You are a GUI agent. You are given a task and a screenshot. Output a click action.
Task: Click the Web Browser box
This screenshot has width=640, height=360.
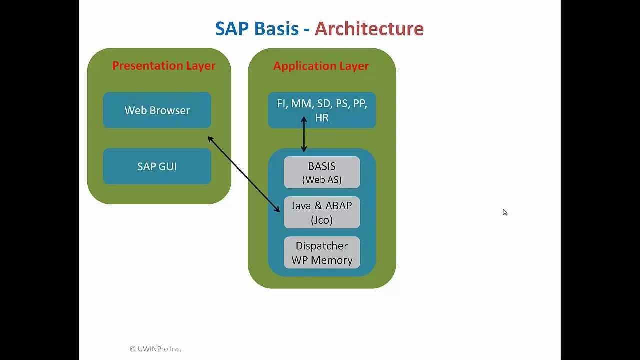click(157, 110)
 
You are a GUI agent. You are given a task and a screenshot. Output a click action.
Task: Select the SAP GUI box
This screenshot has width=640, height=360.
click(157, 166)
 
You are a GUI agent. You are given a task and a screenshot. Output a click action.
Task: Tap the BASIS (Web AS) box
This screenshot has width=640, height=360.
click(322, 172)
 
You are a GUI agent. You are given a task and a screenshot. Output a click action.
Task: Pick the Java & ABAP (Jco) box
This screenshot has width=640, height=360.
click(322, 212)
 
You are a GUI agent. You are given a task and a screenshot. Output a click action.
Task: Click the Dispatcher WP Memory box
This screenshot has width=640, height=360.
click(322, 253)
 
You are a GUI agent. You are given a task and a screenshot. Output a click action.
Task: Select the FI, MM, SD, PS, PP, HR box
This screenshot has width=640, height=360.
click(322, 110)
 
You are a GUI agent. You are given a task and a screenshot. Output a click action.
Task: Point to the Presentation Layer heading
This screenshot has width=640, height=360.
click(164, 66)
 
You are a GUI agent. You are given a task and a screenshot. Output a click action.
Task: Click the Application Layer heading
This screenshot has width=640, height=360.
click(321, 66)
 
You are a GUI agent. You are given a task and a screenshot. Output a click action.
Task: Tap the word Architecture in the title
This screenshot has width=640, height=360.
click(369, 29)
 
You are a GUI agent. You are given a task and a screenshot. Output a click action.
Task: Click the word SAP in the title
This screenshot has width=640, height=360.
click(232, 29)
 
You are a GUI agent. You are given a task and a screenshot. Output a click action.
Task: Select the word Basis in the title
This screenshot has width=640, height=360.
click(276, 29)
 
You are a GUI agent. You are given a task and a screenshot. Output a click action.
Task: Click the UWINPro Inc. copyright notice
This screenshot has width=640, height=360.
click(155, 349)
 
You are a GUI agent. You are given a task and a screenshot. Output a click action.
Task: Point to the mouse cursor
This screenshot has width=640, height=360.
click(505, 212)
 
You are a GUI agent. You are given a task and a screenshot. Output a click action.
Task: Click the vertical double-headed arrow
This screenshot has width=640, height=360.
click(304, 134)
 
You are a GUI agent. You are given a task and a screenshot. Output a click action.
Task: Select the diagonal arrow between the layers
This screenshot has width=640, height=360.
click(243, 174)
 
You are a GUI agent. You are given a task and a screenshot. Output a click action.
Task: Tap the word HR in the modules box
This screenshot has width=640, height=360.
click(322, 118)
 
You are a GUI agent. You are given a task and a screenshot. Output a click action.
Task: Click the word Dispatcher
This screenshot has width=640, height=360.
click(322, 246)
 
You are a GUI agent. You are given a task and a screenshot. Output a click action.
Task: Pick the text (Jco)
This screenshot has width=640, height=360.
click(322, 220)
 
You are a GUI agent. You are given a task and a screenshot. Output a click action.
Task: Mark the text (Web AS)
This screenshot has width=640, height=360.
click(322, 180)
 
